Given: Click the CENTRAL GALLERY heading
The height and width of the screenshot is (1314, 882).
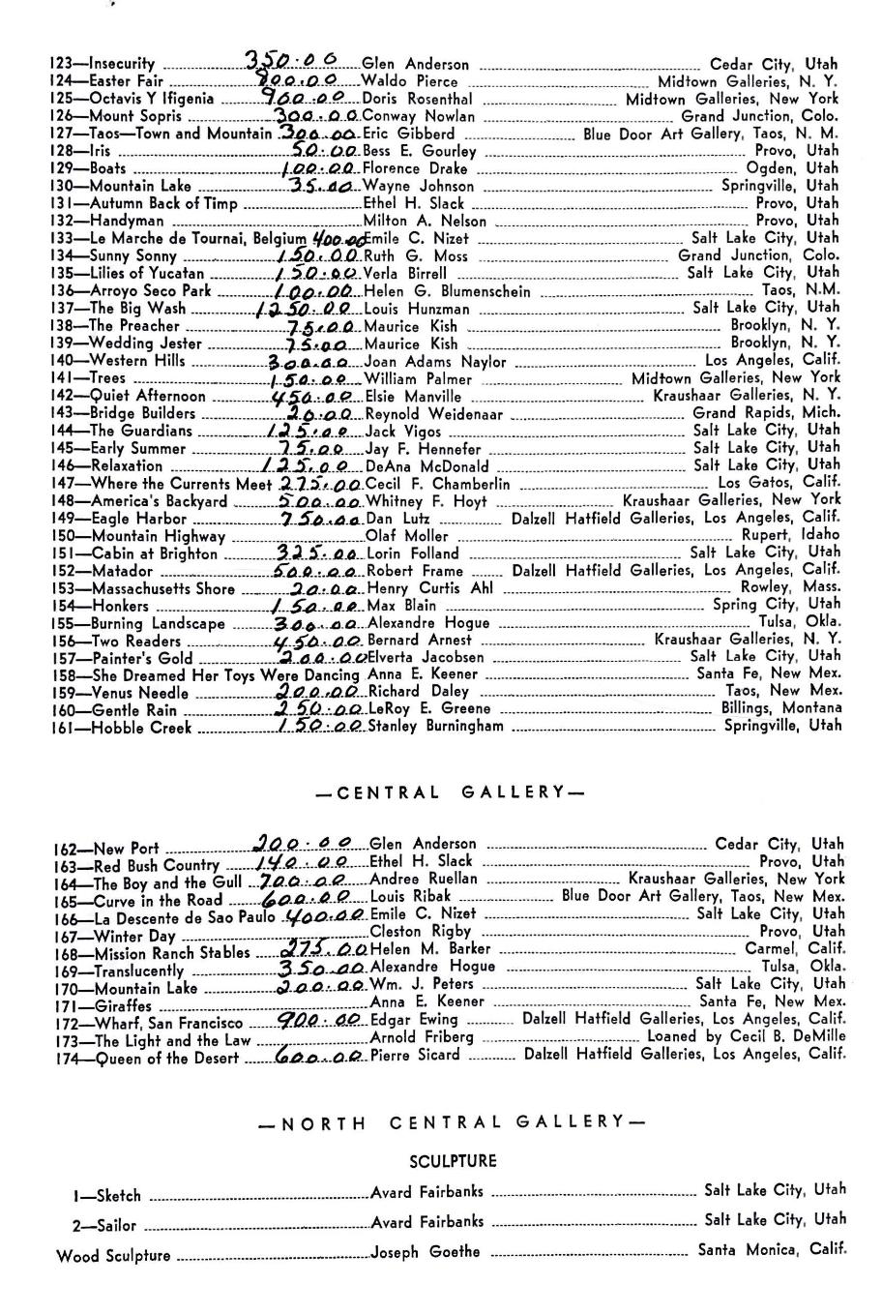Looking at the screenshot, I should click(x=450, y=792).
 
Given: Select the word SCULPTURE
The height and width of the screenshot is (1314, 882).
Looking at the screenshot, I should click(x=453, y=1160).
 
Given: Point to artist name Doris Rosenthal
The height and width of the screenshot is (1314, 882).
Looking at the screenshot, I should click(x=418, y=100).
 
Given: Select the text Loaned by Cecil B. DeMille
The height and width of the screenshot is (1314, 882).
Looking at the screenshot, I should click(x=746, y=1036).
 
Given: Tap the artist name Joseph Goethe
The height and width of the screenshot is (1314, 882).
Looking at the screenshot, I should click(x=426, y=1252).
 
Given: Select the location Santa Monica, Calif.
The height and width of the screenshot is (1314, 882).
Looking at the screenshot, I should click(x=772, y=1250).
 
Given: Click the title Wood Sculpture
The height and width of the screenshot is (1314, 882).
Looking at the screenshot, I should click(x=113, y=1257).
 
